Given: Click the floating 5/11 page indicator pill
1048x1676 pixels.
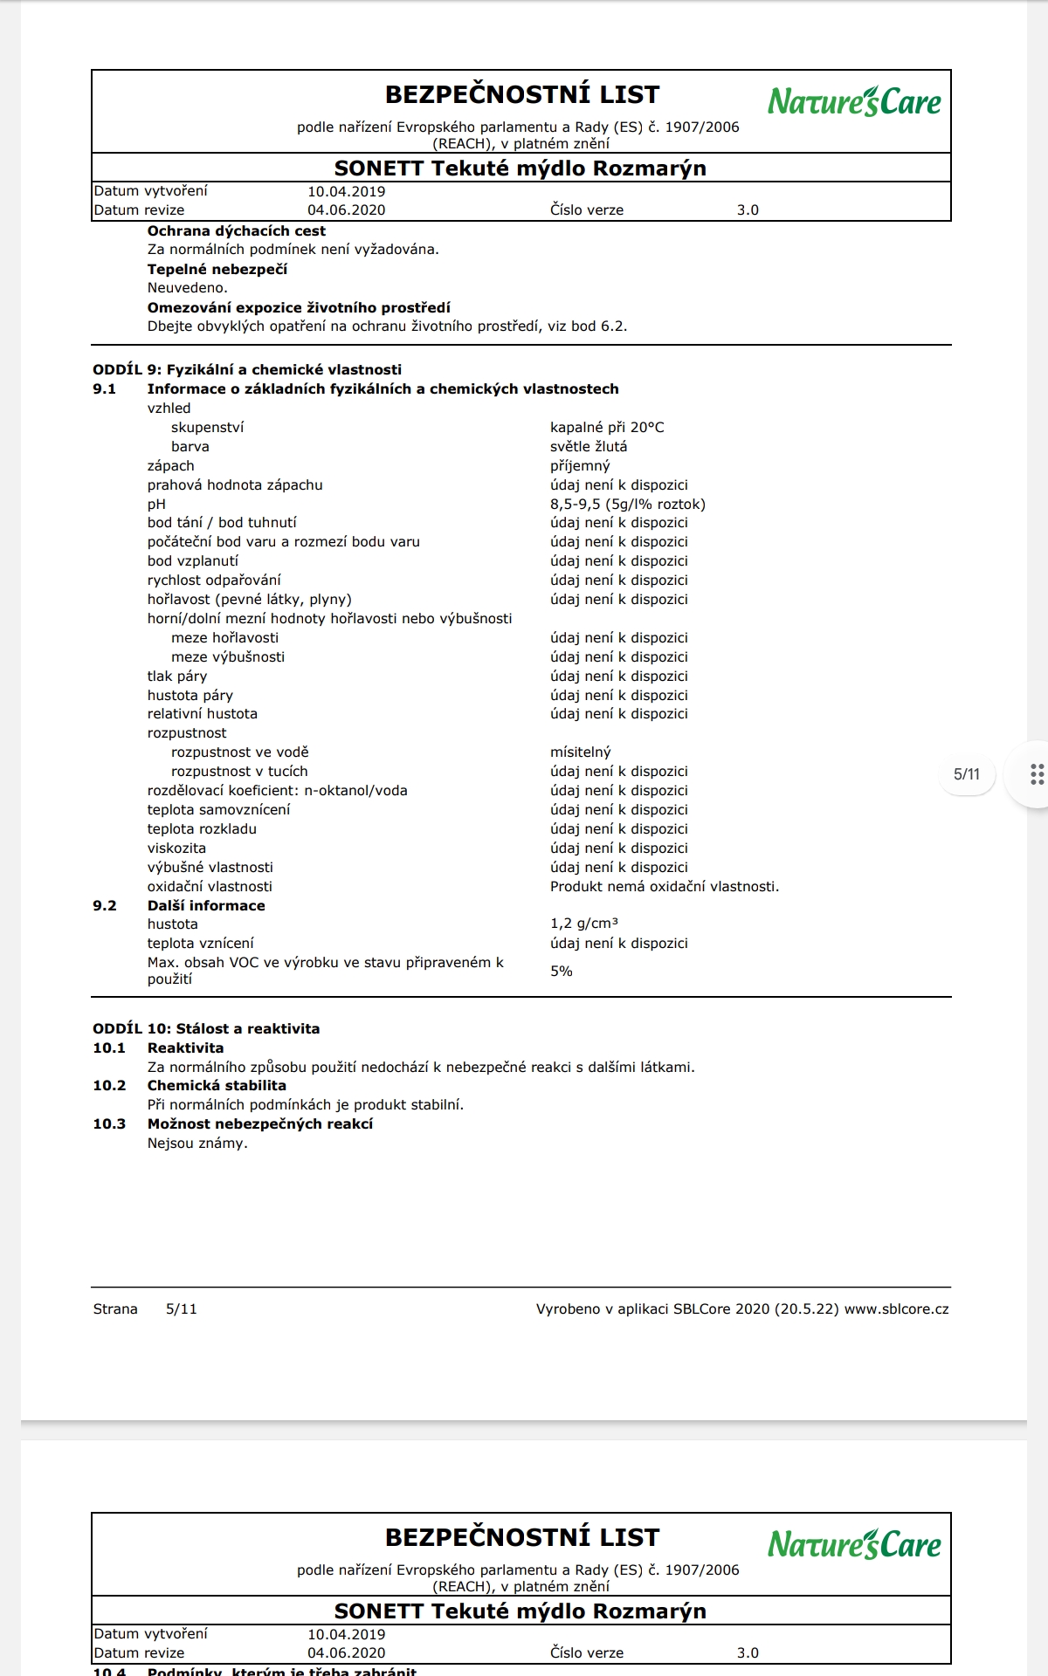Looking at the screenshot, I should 966,774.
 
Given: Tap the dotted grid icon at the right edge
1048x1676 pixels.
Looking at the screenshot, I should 1037,774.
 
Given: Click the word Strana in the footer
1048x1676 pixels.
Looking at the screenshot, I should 115,1309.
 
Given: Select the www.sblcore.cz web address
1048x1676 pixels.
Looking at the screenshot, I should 896,1309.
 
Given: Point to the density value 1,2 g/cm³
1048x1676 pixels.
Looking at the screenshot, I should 583,924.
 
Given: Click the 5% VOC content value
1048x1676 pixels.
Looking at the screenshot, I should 561,971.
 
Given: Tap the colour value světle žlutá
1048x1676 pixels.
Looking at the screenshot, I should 588,446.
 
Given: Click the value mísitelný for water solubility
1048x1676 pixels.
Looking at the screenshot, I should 580,752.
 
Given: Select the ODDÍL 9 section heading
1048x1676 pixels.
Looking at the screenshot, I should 247,369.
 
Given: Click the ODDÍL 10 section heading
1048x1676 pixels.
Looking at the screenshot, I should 206,1028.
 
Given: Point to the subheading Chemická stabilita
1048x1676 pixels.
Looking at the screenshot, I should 217,1085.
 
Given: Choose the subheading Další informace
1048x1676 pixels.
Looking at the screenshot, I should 206,905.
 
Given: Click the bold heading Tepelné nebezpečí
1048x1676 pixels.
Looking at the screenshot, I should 217,269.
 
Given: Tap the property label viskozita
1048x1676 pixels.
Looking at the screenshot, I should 176,848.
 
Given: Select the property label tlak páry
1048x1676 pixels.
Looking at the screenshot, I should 176,676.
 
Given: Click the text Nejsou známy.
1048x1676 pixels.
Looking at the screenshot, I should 197,1143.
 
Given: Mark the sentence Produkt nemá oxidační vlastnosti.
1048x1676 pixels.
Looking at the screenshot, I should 664,886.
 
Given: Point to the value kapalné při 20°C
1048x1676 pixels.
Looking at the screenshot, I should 606,427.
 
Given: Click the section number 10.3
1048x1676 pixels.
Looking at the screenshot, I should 109,1123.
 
